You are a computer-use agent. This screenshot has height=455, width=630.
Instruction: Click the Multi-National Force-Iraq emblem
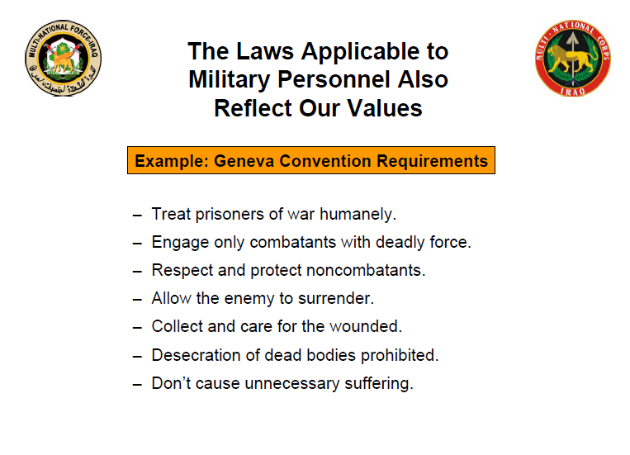tap(63, 59)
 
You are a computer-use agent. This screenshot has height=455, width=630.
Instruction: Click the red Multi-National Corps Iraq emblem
tap(573, 59)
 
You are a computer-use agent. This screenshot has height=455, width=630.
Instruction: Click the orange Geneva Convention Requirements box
tap(310, 160)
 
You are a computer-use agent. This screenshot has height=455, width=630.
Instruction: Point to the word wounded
tap(366, 327)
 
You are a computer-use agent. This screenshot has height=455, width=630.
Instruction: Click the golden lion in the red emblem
tap(573, 55)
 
